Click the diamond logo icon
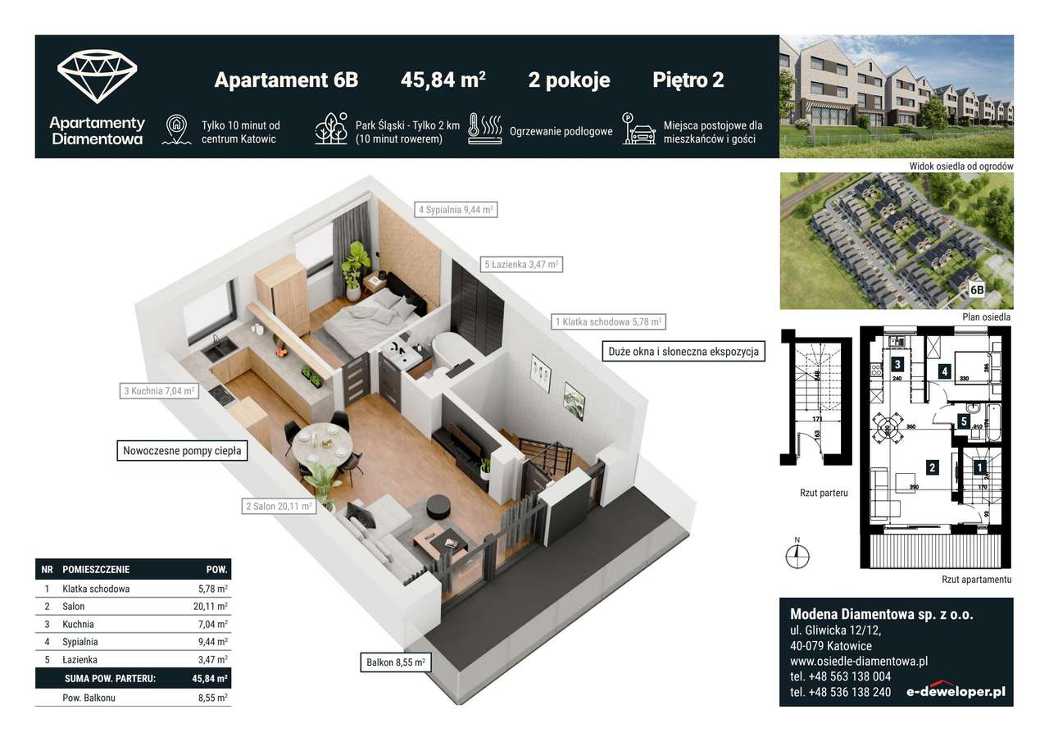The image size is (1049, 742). tap(97, 77)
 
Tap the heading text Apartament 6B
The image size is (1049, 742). tap(286, 80)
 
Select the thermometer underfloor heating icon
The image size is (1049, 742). tap(484, 130)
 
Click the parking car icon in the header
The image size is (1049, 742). tap(639, 130)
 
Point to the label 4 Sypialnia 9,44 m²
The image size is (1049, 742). tap(456, 209)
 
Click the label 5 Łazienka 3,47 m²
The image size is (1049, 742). tap(521, 264)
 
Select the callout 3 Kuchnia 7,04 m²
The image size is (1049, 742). tap(160, 391)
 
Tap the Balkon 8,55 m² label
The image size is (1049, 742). tap(396, 662)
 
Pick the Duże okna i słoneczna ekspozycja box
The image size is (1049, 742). tap(683, 352)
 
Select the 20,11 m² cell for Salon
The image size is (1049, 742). tap(210, 607)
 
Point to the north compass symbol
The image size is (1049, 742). tap(797, 555)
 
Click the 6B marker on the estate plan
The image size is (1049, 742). tap(977, 289)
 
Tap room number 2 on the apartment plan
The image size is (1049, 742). tap(932, 468)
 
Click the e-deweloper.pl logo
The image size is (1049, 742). tap(955, 690)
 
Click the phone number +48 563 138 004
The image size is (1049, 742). tap(840, 676)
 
